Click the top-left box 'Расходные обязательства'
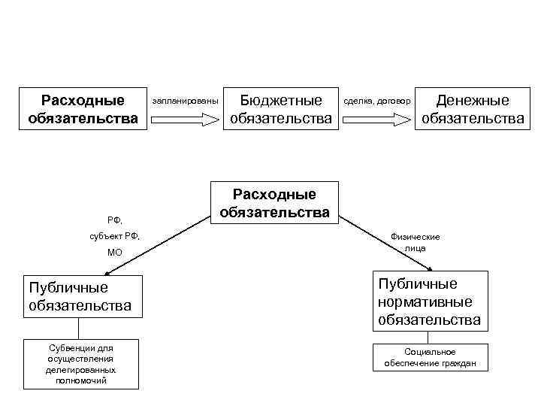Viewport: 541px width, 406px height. [x=83, y=109]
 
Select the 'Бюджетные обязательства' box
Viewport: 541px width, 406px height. [x=280, y=109]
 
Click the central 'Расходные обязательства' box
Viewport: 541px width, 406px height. [x=275, y=203]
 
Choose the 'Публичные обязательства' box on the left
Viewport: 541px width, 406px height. [x=81, y=296]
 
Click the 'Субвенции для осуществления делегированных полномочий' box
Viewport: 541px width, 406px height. [x=81, y=364]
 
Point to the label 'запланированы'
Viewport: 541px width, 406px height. [x=185, y=100]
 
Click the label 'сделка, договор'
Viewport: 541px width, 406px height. [x=377, y=100]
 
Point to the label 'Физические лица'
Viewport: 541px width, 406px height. [x=415, y=242]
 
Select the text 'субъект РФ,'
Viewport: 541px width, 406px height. [x=114, y=237]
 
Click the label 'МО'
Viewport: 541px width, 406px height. [x=114, y=253]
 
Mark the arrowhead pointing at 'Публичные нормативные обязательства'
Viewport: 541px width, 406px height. [x=430, y=268]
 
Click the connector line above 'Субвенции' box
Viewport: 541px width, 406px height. [x=79, y=328]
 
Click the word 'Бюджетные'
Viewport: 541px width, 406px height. [x=280, y=100]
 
